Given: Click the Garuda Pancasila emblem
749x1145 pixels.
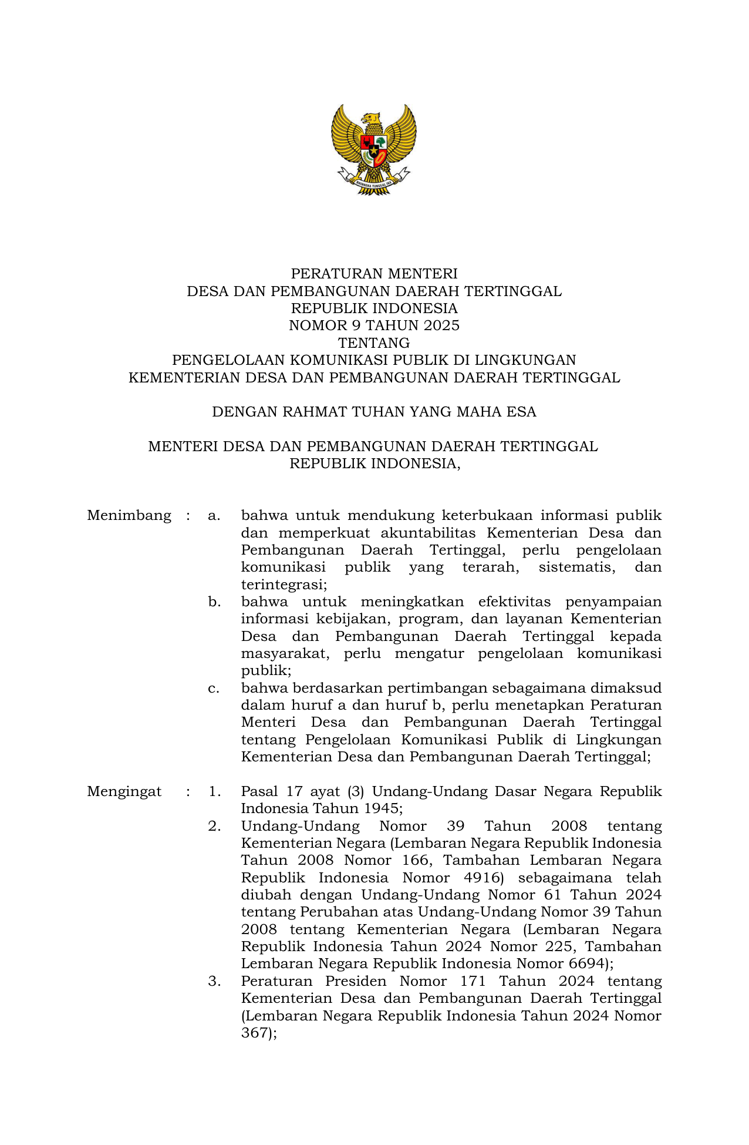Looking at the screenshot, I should tap(374, 149).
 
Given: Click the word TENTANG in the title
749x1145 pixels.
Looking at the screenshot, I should tap(374, 343).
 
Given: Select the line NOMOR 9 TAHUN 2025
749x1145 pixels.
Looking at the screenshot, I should tap(374, 325).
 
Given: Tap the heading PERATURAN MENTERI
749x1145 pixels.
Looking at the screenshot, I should tap(374, 274).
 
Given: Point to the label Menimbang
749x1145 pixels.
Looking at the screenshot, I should tap(129, 516).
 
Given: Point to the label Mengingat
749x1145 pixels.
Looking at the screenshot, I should tap(124, 791).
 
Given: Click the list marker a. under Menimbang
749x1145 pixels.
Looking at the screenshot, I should tap(214, 516).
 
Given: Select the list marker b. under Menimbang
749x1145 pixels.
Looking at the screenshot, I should tap(214, 602).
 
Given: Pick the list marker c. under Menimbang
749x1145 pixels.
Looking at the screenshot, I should tap(214, 688).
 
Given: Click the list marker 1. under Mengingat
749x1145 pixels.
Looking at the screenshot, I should tap(214, 791).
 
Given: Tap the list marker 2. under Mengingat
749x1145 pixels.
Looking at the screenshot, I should tap(214, 826).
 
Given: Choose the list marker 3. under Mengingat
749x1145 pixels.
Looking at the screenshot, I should tap(214, 981).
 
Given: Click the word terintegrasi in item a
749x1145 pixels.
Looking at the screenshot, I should tap(283, 585).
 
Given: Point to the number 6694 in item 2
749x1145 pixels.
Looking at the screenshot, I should tap(587, 963).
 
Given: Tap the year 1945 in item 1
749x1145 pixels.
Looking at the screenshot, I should tap(381, 808).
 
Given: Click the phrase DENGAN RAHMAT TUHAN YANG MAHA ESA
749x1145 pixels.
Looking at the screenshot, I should tap(374, 412).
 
